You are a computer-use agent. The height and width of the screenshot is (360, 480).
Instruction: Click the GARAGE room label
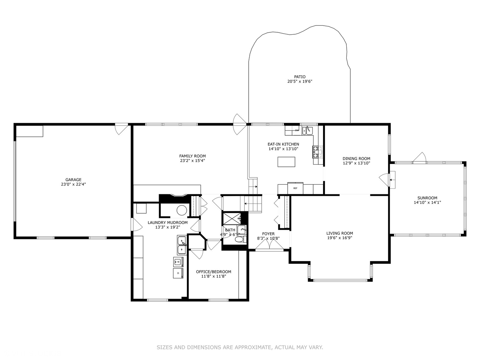[73, 180]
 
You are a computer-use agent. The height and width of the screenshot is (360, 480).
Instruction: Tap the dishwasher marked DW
[297, 130]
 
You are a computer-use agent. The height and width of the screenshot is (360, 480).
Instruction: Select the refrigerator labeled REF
[295, 188]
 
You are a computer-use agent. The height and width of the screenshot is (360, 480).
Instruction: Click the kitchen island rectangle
[286, 162]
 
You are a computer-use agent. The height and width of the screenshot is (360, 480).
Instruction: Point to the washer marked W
[178, 262]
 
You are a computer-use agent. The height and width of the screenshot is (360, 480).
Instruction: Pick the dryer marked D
[178, 273]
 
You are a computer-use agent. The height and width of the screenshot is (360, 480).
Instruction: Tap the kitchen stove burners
[317, 152]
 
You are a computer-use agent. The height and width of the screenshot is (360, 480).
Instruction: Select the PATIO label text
[300, 77]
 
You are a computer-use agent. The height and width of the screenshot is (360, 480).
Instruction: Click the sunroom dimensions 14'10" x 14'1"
[427, 202]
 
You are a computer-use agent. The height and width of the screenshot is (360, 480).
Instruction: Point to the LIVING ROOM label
[339, 233]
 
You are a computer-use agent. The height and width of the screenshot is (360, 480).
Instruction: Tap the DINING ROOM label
[356, 159]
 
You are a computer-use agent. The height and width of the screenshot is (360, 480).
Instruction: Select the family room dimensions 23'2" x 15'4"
[192, 161]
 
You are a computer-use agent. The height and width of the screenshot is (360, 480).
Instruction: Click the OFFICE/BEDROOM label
[213, 272]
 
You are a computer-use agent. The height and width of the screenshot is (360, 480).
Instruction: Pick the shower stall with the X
[232, 218]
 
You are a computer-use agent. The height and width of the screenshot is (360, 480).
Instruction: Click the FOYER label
[268, 234]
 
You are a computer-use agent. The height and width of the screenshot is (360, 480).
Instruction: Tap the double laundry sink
[182, 245]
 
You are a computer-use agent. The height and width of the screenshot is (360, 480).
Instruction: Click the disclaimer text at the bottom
[240, 347]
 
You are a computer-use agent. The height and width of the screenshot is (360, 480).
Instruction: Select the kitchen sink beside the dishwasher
[307, 130]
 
